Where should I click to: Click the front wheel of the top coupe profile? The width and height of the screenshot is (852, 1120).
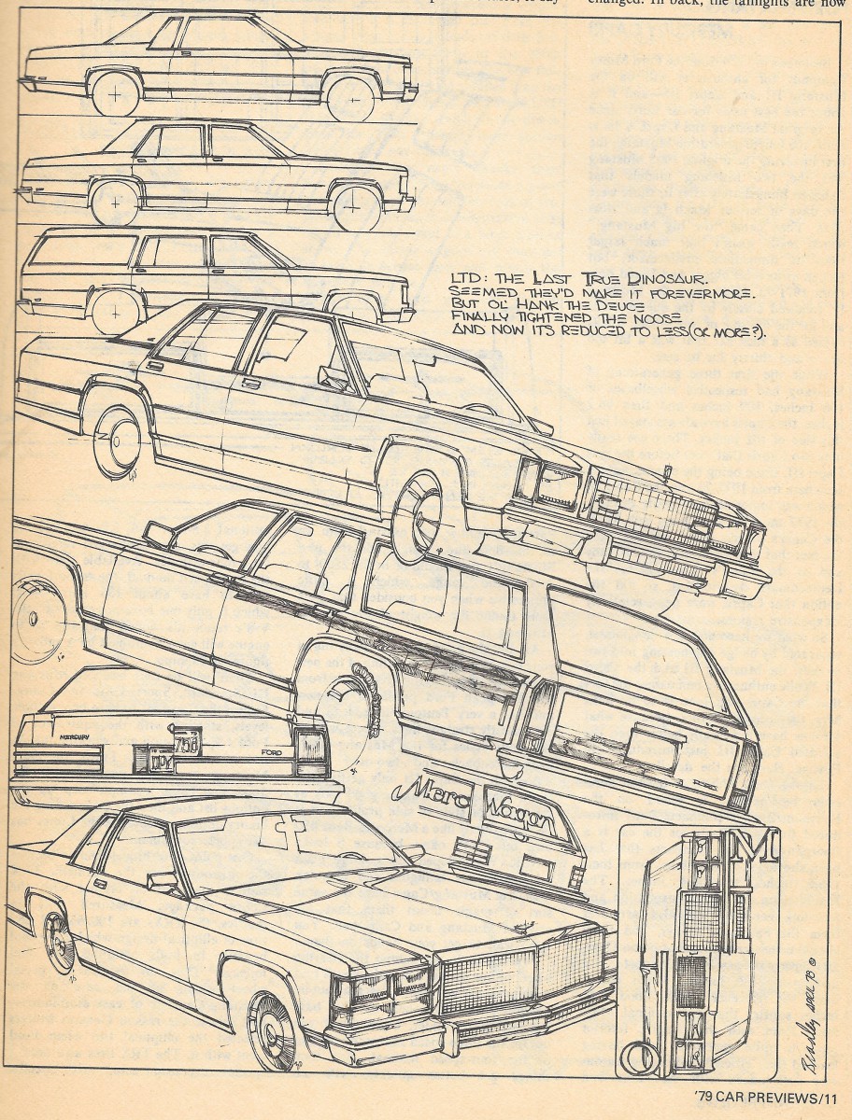(350, 97)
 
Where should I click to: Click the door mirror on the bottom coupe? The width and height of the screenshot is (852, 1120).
(162, 881)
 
